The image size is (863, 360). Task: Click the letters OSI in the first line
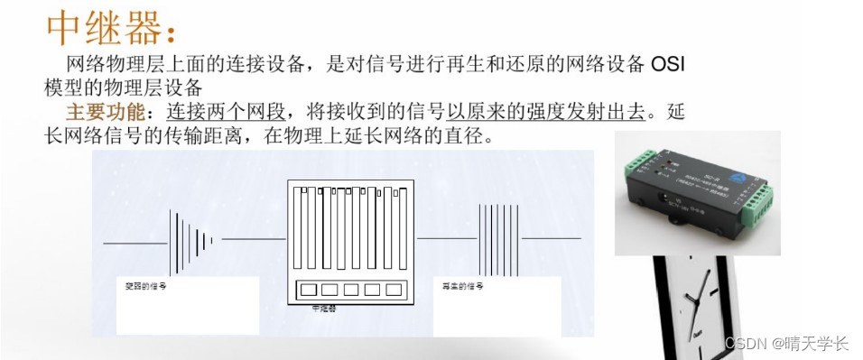(673, 65)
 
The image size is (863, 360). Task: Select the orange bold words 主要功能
(104, 113)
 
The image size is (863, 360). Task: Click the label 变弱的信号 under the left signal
(145, 286)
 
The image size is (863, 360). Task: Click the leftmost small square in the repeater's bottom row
(308, 291)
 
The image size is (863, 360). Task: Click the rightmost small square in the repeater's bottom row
(394, 291)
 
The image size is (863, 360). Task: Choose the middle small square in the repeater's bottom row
(351, 291)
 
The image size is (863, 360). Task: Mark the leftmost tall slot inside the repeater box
(305, 231)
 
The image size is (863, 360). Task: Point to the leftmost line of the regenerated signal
(480, 238)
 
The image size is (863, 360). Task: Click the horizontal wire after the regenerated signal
(551, 238)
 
